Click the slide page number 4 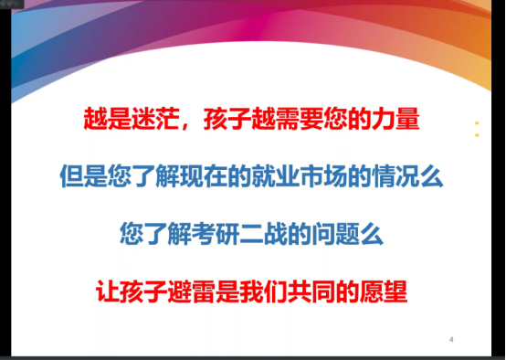coord(451,340)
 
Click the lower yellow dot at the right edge coord(476,135)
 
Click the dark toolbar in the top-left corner coord(11,4)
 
